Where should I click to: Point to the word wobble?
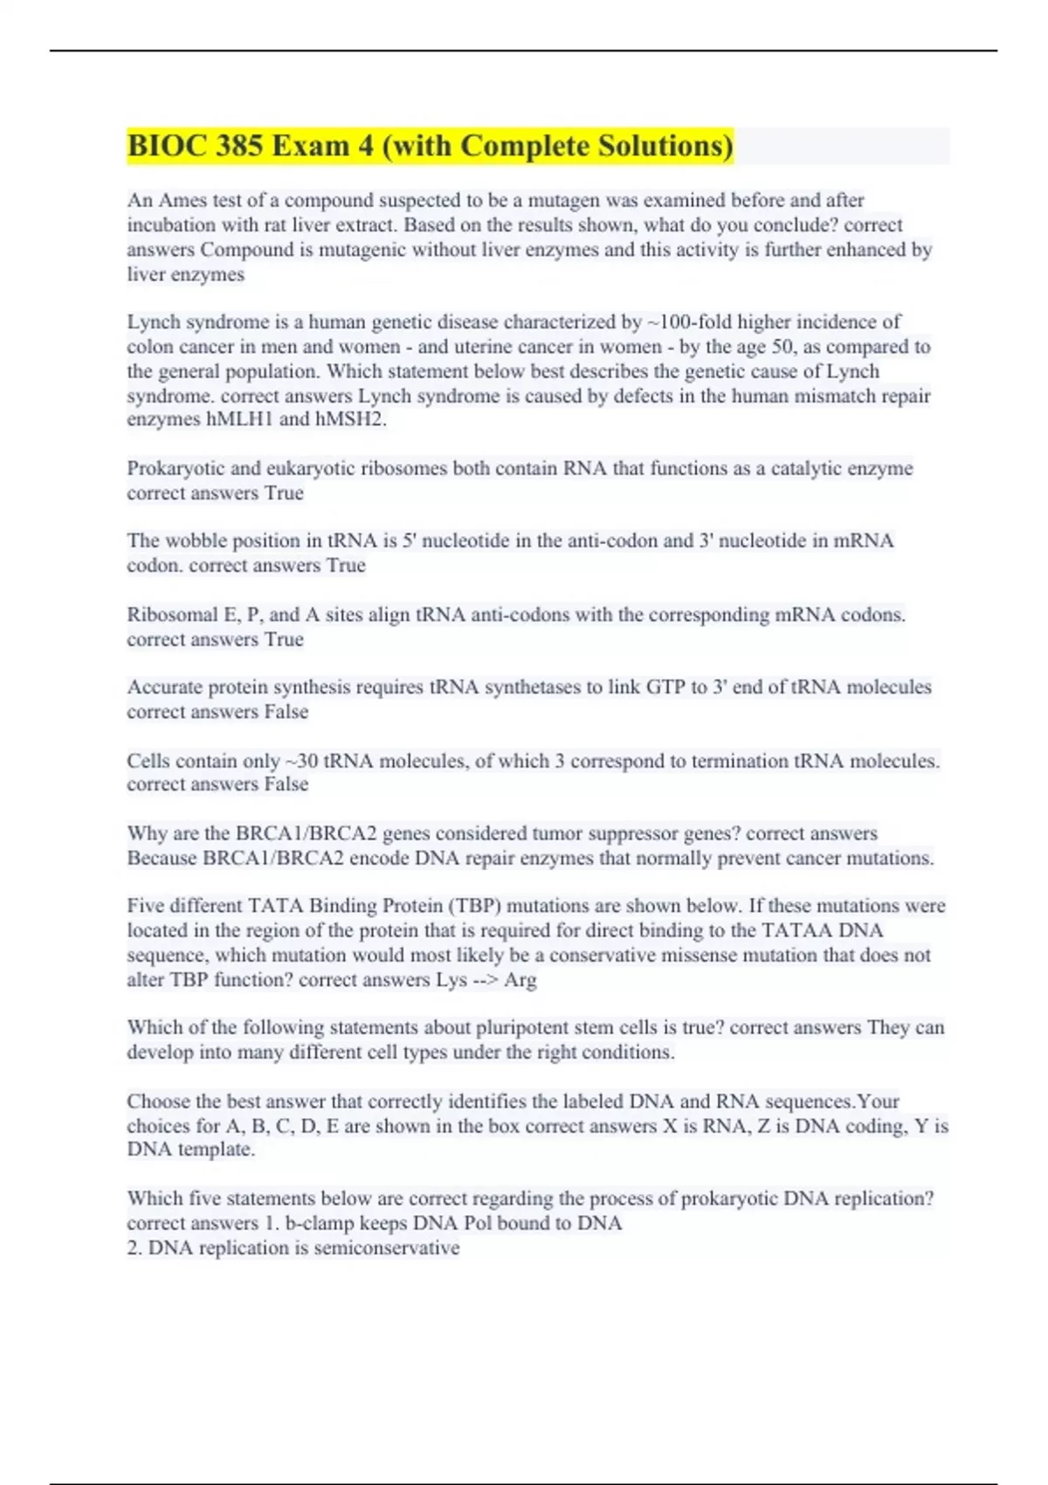point(197,542)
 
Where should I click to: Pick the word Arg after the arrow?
point(521,980)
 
